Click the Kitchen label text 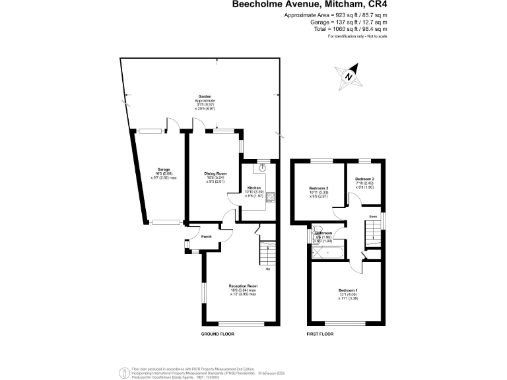[x=254, y=187]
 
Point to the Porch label [x=206, y=237]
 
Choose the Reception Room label [x=238, y=286]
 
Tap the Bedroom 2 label [x=319, y=188]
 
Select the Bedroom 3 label [x=364, y=179]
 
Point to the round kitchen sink [x=263, y=168]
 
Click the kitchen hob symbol [x=271, y=196]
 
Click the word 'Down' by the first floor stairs [x=372, y=215]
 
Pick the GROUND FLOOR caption [x=218, y=334]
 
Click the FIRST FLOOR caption [x=320, y=334]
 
